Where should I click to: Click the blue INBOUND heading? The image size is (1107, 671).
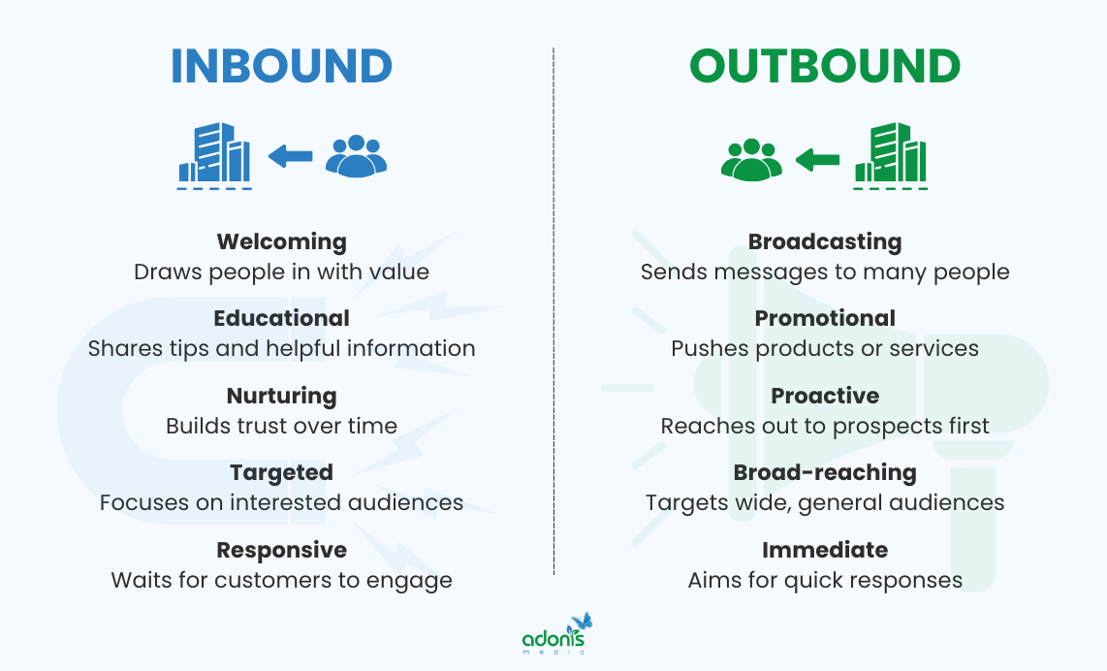(281, 66)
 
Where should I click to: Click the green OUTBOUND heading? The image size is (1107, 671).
(825, 66)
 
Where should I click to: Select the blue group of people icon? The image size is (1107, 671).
(356, 155)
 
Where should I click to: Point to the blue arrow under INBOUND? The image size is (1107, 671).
(290, 155)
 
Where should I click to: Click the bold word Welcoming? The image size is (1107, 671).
(281, 241)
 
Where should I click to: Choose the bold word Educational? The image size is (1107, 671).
(281, 318)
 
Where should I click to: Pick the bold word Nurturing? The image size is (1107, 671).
(281, 396)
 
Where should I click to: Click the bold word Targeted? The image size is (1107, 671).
(281, 472)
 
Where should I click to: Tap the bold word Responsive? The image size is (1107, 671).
(281, 550)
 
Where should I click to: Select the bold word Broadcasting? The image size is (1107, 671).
(825, 241)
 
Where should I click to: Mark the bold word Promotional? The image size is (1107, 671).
(825, 318)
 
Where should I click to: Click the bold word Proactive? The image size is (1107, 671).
(825, 396)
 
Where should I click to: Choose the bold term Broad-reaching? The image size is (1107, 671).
(825, 472)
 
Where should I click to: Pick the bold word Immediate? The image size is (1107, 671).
(825, 550)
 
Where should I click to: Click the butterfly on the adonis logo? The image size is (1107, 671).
(582, 622)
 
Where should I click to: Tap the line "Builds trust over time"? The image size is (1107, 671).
(281, 426)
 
